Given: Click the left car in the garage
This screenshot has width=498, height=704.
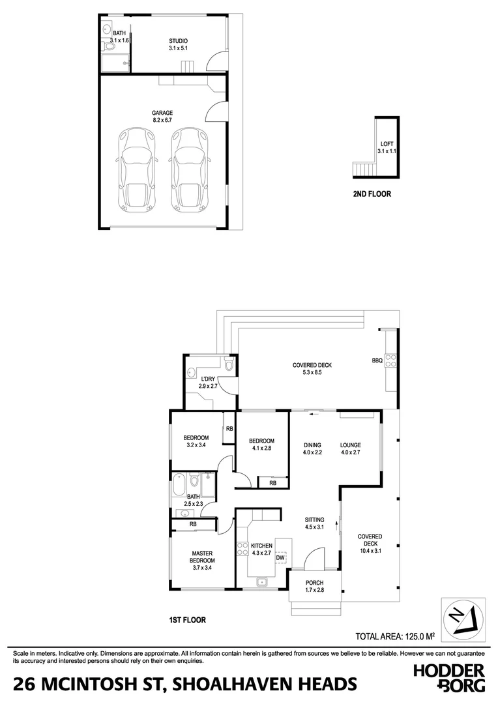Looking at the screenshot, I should pos(136,169).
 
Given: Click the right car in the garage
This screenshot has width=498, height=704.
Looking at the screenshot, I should pos(189,169).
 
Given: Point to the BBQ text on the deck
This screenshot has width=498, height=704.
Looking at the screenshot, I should pos(377,360).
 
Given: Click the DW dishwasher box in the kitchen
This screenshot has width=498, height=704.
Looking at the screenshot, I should pos(280,557).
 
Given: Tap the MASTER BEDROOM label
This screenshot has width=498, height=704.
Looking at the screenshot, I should pos(202,561).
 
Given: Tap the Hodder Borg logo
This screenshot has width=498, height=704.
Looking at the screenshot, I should pos(449,677).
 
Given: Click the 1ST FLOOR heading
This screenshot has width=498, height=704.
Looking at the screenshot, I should pos(187,621).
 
